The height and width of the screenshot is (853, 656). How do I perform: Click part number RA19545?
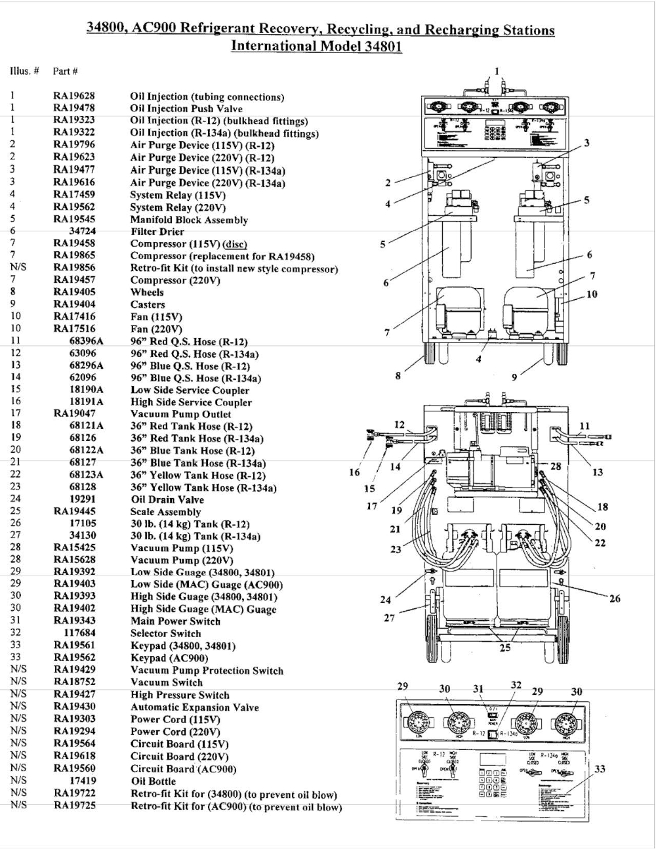[73, 219]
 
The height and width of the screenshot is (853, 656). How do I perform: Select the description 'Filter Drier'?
[157, 232]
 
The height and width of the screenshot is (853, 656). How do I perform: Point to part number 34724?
[82, 231]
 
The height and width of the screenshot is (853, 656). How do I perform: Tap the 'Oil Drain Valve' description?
[167, 499]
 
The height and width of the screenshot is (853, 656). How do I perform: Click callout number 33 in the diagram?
[599, 769]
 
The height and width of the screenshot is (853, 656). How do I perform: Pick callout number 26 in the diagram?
[614, 598]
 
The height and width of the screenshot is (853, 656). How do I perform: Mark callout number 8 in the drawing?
[398, 376]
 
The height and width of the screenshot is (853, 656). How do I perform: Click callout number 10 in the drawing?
[592, 294]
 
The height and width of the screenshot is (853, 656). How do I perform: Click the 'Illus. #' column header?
[24, 71]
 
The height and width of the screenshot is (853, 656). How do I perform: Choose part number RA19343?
[73, 621]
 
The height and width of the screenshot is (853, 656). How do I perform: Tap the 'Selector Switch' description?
[165, 633]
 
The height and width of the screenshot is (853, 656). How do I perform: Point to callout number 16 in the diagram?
[354, 472]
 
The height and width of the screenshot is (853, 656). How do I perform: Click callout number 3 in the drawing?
[586, 142]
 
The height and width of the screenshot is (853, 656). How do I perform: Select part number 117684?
[79, 633]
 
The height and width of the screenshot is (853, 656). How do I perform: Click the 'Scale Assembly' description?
[165, 512]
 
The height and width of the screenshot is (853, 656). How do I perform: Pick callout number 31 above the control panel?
[478, 689]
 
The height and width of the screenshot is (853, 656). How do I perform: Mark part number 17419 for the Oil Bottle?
[82, 781]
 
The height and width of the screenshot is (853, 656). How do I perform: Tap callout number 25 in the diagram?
[504, 648]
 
